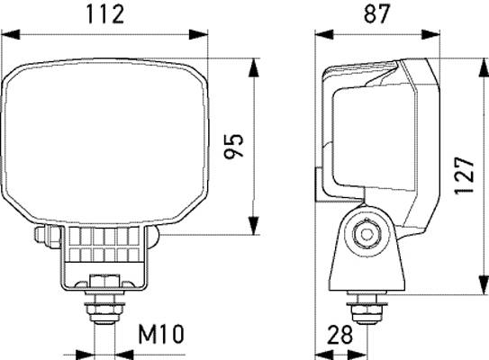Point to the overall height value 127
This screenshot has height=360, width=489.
462,170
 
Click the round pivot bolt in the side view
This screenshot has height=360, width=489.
365,234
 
